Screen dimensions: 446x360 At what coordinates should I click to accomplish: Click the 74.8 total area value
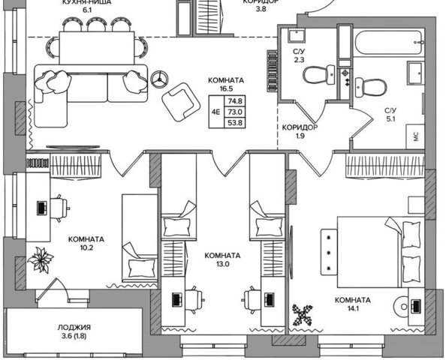(235, 101)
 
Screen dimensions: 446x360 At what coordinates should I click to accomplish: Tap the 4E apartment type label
(216, 112)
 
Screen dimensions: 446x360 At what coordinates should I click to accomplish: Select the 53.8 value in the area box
(235, 123)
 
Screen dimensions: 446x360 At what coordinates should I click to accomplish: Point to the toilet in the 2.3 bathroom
(318, 75)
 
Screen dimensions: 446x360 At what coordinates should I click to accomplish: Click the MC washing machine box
(415, 136)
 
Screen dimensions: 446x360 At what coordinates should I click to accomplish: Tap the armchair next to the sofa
(181, 102)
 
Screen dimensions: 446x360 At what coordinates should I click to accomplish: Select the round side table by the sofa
(159, 78)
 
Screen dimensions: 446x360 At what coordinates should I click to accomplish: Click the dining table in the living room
(97, 48)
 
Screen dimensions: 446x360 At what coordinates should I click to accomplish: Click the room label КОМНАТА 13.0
(222, 259)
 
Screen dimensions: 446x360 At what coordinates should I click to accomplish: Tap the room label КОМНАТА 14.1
(352, 304)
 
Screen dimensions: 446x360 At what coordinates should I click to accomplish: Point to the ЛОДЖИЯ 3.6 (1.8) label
(74, 331)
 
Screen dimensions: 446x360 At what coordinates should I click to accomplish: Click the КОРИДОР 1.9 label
(300, 131)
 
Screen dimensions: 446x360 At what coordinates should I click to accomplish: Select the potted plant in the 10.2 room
(41, 259)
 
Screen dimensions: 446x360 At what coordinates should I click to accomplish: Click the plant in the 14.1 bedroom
(303, 315)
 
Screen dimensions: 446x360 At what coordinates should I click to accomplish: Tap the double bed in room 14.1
(380, 252)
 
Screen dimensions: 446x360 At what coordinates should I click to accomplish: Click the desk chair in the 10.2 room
(59, 208)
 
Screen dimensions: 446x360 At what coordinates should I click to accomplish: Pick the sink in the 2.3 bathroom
(296, 36)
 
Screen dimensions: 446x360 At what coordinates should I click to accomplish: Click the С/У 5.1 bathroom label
(390, 115)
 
